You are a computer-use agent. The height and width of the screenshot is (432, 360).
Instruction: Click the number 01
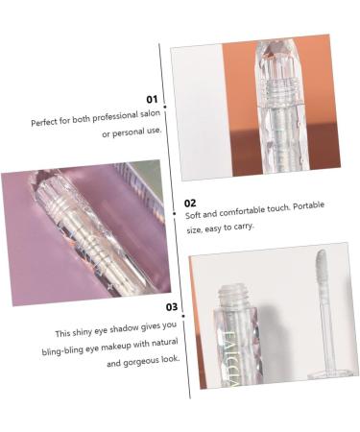(152, 99)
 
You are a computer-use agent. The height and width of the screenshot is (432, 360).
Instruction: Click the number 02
(190, 203)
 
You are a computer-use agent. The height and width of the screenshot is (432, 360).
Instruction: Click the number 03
(172, 307)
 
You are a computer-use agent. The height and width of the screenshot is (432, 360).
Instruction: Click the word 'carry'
(244, 227)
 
